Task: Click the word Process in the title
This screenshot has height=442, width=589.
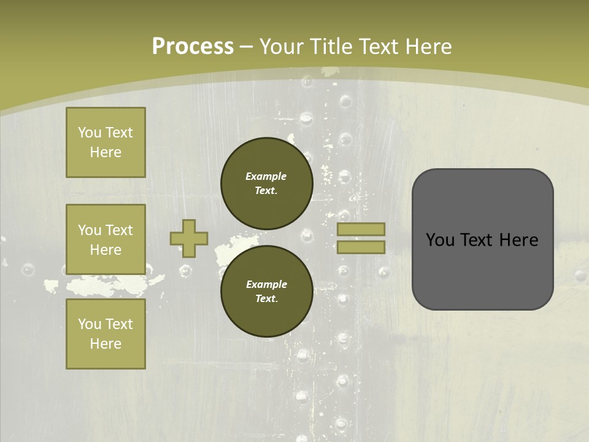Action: [x=193, y=47]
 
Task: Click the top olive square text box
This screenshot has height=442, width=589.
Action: [x=106, y=142]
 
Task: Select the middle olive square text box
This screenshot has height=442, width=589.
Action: [x=106, y=239]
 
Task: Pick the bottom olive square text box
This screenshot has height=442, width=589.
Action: [x=106, y=333]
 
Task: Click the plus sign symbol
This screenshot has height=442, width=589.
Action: [x=189, y=238]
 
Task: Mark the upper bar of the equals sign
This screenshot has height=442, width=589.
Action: [x=361, y=229]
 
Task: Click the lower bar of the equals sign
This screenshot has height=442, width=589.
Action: [x=361, y=247]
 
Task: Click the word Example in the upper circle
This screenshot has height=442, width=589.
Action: [x=266, y=176]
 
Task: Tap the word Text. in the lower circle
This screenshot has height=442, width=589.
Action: [x=266, y=299]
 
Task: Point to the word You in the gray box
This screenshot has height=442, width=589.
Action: [x=440, y=240]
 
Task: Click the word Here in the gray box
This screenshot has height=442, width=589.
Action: [x=518, y=240]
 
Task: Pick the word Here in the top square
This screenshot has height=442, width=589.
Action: [x=106, y=152]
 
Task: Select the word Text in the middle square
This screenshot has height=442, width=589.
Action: [x=119, y=230]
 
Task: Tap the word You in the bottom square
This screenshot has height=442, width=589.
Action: [x=90, y=324]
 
